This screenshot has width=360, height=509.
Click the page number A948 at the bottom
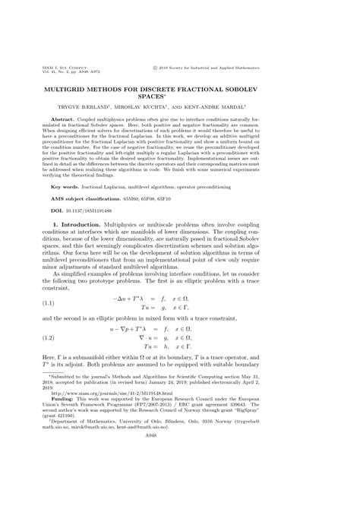tap(180, 498)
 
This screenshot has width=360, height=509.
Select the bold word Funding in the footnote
tap(66, 457)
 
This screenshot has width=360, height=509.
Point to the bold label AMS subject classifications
tap(94, 220)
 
